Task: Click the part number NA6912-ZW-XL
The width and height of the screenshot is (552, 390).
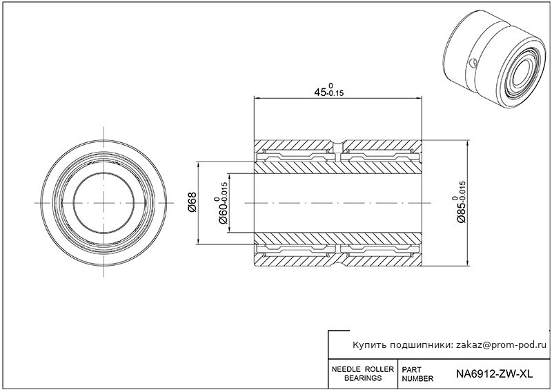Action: pyautogui.click(x=495, y=375)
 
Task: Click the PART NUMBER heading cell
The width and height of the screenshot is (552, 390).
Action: pyautogui.click(x=417, y=374)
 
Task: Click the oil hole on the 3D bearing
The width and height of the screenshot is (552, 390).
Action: pyautogui.click(x=471, y=64)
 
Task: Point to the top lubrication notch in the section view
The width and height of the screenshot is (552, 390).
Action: pyautogui.click(x=339, y=144)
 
